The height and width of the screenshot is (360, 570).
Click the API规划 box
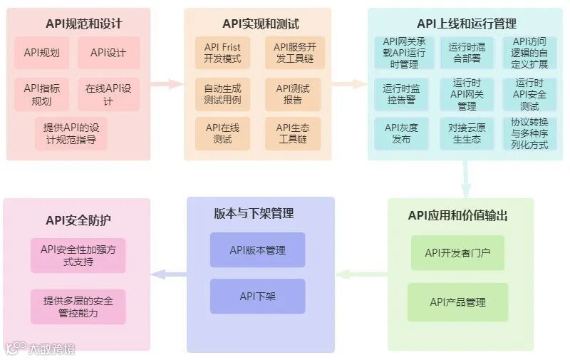click(41, 53)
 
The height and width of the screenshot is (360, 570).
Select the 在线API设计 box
click(108, 95)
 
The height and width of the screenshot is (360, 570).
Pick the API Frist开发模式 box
click(223, 53)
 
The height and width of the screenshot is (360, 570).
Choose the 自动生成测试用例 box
click(223, 94)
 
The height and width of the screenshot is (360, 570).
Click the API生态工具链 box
click(292, 133)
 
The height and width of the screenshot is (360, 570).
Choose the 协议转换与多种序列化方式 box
click(529, 133)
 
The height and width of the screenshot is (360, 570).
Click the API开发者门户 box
click(457, 253)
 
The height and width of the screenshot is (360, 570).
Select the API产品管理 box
click(457, 302)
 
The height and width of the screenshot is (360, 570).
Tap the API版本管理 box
click(257, 250)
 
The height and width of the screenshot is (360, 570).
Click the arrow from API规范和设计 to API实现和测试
click(167, 83)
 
